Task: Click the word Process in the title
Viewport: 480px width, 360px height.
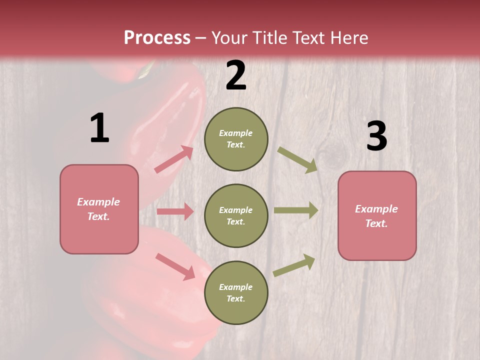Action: click(x=157, y=38)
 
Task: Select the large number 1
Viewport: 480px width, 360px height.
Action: click(x=99, y=128)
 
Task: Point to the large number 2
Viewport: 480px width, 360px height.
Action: click(x=236, y=75)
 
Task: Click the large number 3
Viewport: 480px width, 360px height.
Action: click(x=376, y=136)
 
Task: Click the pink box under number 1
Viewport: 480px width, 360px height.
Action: click(x=99, y=209)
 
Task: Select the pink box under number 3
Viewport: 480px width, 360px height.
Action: click(x=377, y=215)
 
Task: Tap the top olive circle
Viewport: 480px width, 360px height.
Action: click(x=236, y=139)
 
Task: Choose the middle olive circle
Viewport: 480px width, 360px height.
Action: click(x=236, y=215)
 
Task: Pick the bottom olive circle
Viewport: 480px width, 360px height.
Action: click(x=236, y=292)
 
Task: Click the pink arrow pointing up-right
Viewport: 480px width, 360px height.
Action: click(x=174, y=159)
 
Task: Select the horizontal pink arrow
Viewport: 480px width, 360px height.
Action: click(x=175, y=211)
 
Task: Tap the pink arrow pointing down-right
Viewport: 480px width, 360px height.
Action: click(x=175, y=266)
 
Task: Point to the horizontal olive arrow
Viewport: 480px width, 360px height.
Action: click(x=296, y=210)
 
